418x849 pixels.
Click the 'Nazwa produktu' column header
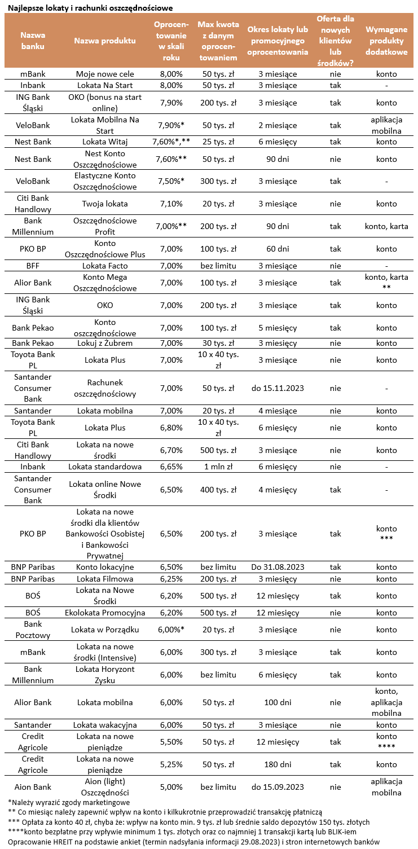[105, 41]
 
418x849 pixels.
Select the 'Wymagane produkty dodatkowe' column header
[386, 41]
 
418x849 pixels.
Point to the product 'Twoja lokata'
[105, 204]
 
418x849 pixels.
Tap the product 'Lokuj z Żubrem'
[105, 343]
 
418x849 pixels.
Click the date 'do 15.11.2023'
[278, 388]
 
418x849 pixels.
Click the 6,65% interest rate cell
[171, 467]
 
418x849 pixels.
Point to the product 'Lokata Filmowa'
[105, 579]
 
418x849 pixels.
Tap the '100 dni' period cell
[278, 702]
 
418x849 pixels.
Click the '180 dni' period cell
[278, 764]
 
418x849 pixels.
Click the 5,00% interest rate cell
[171, 787]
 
